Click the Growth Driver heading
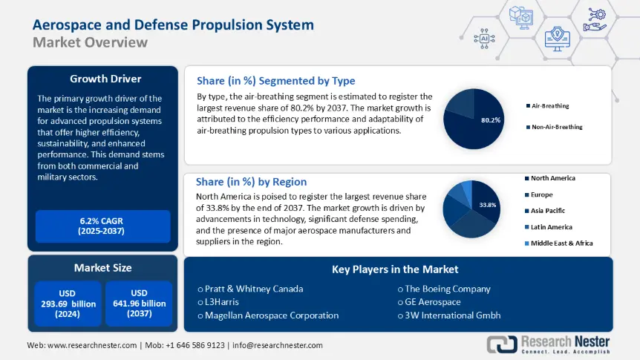(105, 78)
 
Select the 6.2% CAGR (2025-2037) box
(103, 226)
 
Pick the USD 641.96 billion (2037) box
(139, 303)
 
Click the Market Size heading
(102, 267)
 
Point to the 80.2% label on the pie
(491, 120)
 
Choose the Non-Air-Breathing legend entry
(557, 127)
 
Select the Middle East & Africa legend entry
(561, 243)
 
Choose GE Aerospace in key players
(433, 301)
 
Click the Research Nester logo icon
(502, 344)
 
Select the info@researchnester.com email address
(278, 345)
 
